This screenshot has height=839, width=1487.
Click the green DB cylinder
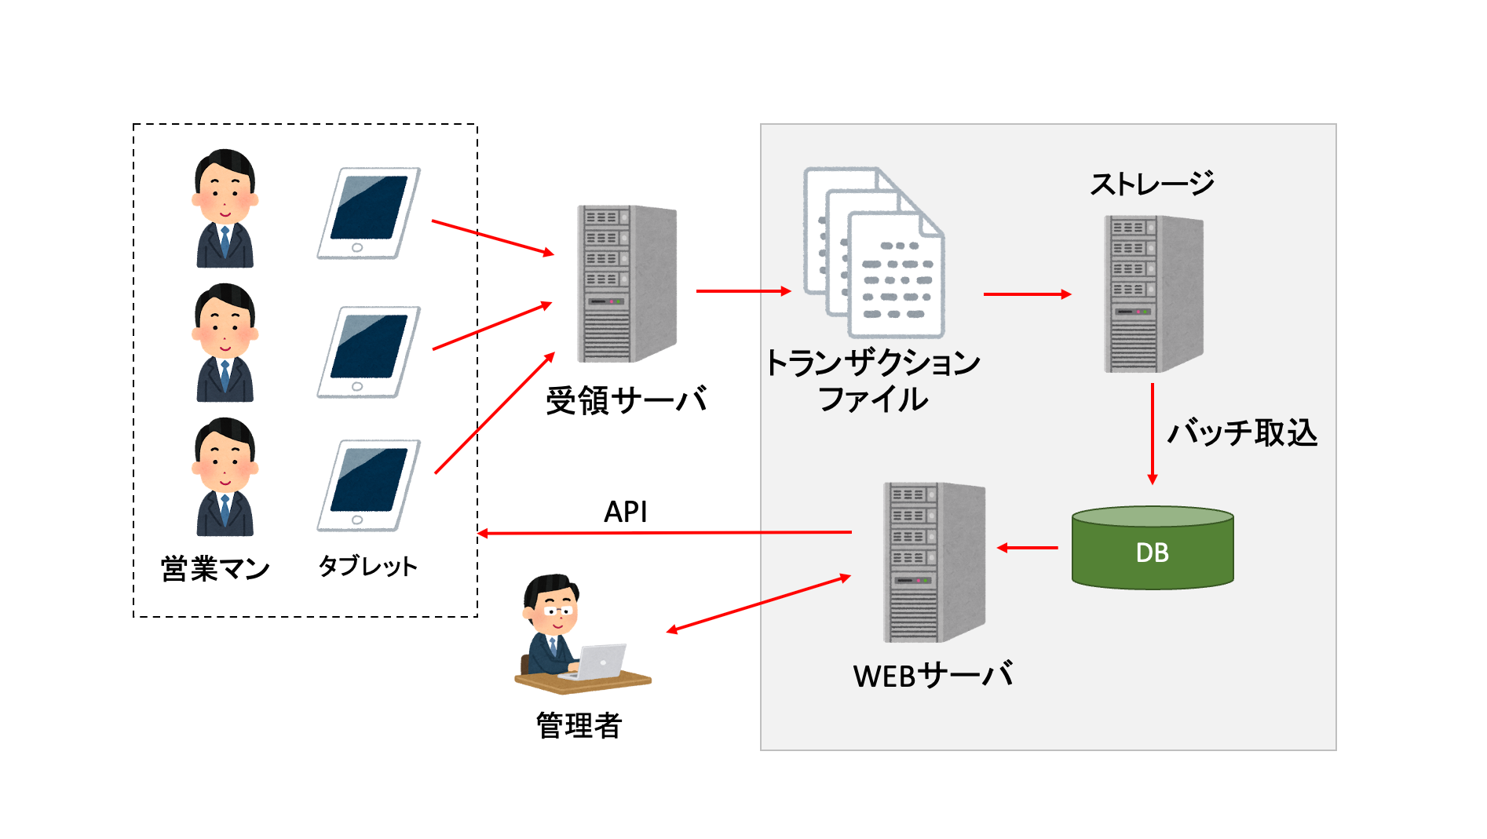(1152, 549)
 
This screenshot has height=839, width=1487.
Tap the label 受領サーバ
(626, 400)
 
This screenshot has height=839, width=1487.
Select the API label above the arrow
(625, 512)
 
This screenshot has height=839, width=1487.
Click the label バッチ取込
(1241, 432)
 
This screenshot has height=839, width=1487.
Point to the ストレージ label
(1152, 184)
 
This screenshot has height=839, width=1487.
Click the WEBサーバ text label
(933, 675)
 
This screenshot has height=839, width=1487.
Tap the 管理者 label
(579, 725)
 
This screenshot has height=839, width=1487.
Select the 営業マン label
(215, 568)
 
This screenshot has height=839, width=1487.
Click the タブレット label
(367, 566)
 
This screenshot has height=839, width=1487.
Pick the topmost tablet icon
(368, 213)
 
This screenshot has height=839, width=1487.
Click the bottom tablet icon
(368, 485)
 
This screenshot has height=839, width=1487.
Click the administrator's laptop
(601, 662)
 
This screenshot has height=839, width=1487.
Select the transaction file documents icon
(874, 253)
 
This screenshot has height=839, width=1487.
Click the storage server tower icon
(1153, 294)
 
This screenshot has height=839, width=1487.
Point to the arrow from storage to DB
(1152, 433)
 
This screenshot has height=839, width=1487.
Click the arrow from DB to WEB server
(1028, 548)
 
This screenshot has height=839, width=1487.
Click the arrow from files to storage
(1026, 294)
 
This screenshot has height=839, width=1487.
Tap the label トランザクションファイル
(873, 381)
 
